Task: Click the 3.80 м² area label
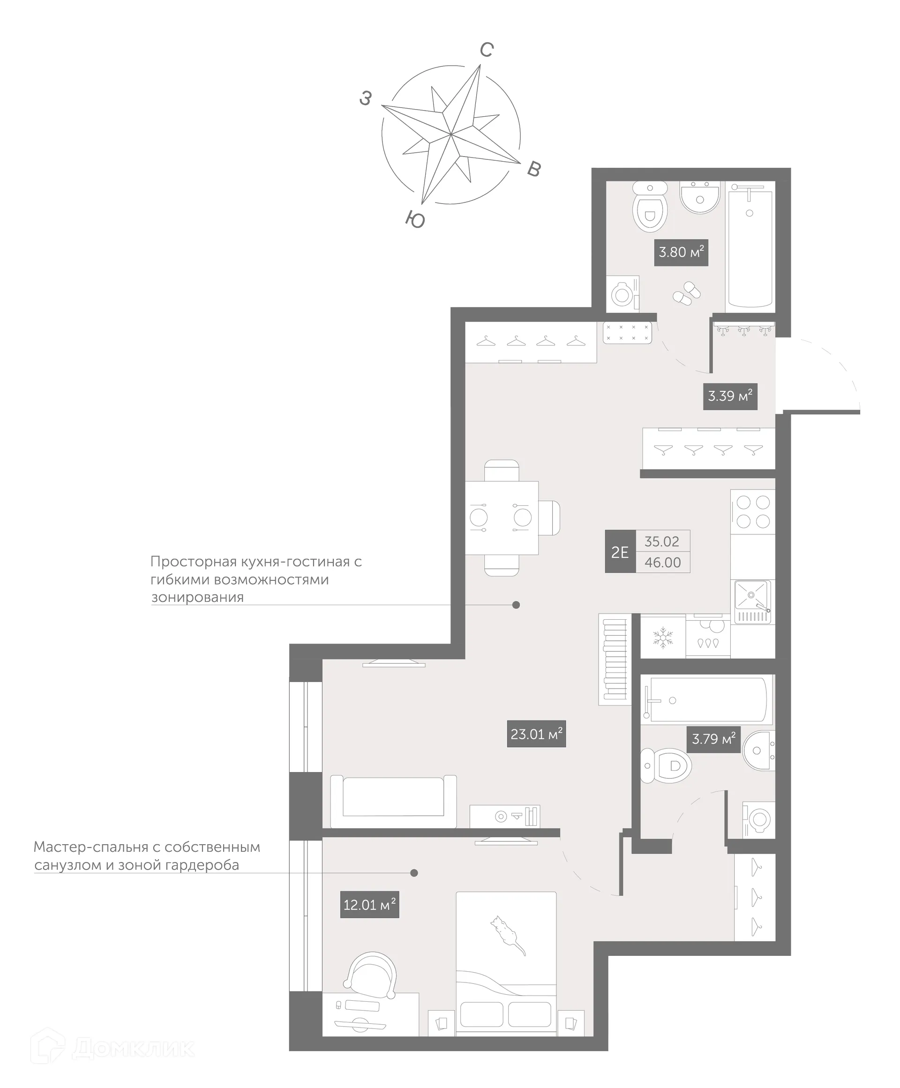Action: tap(680, 252)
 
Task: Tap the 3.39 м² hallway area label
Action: tap(729, 397)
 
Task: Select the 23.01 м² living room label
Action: tap(536, 734)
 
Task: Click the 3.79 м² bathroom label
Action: tap(713, 739)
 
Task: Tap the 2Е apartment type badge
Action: tap(620, 552)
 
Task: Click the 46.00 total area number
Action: tap(662, 563)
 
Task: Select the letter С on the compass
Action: tap(486, 50)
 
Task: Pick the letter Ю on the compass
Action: tap(415, 220)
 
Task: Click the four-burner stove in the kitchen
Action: tap(752, 511)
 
